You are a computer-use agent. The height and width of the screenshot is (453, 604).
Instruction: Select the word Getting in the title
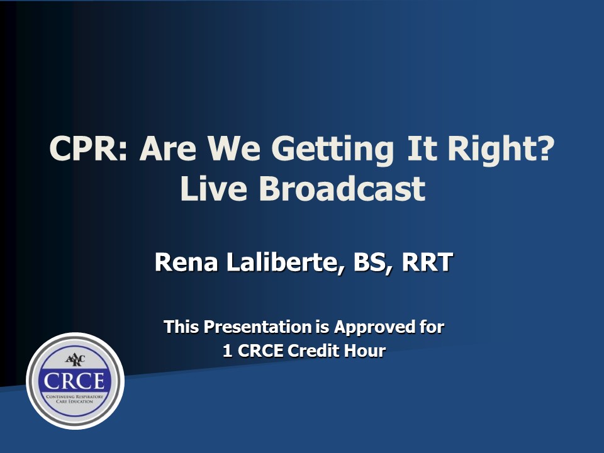[x=332, y=150]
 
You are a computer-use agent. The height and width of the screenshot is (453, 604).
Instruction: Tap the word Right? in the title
[x=501, y=150]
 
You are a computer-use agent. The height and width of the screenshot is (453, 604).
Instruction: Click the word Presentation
[x=257, y=327]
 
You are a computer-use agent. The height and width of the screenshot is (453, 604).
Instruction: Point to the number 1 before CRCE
[x=227, y=351]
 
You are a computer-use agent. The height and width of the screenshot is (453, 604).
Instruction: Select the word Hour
[x=365, y=350]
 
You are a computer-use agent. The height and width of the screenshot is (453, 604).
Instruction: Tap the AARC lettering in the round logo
[x=75, y=360]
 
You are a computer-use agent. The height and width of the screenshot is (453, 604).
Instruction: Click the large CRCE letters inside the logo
[x=74, y=381]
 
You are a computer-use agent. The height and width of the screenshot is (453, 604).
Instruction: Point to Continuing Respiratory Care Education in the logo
[x=75, y=399]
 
